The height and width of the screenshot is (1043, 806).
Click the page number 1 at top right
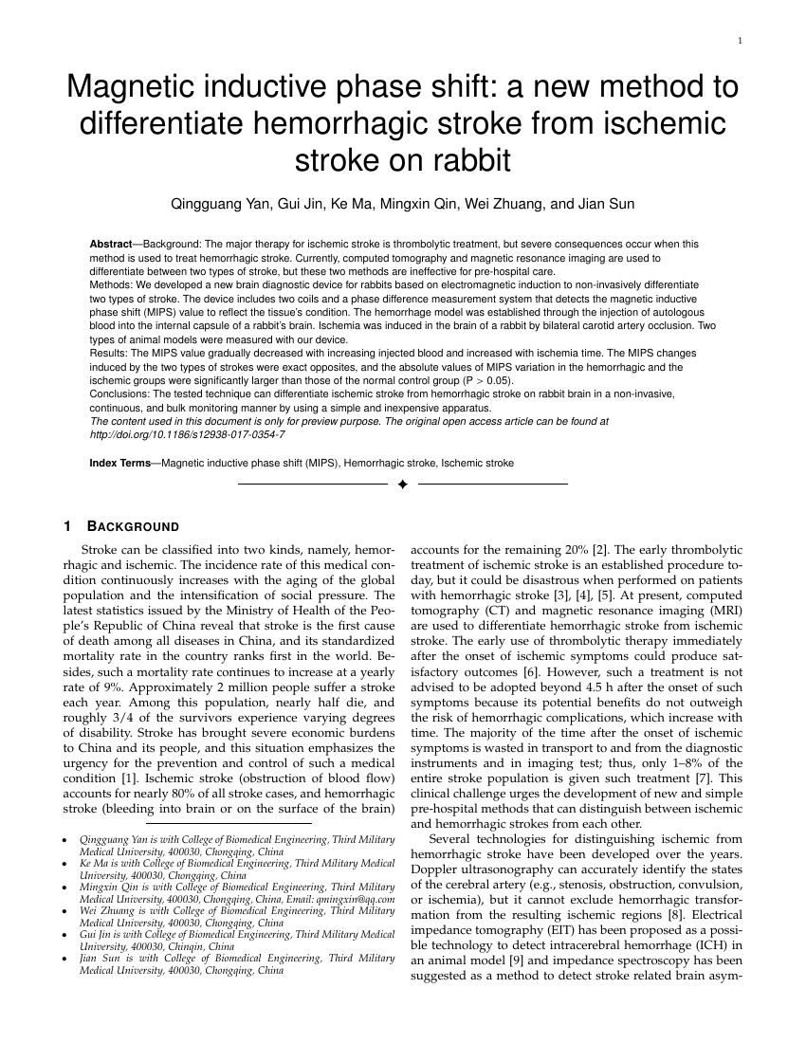click(739, 40)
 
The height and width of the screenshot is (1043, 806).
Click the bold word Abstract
click(111, 244)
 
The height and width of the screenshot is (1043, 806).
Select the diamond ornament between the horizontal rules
click(402, 485)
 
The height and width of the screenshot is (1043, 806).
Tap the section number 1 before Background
click(66, 527)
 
